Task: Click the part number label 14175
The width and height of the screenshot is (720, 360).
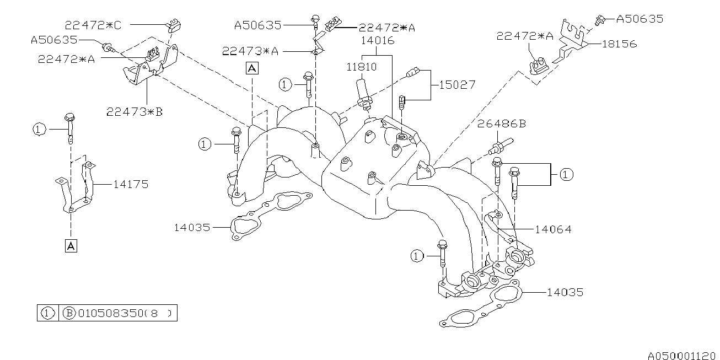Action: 131,185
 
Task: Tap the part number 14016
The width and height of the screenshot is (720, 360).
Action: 377,40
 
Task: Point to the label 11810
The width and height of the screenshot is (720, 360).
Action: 361,68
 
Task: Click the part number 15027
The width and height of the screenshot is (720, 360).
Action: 457,85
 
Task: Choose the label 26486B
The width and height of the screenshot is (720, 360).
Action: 501,125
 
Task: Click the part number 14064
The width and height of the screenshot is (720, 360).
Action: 554,229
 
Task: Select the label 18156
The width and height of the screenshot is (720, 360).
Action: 619,44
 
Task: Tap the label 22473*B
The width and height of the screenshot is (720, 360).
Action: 135,112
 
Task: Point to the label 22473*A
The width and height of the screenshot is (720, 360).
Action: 250,51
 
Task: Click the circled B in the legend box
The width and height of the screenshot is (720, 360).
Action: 69,314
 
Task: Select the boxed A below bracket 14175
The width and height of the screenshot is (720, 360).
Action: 71,246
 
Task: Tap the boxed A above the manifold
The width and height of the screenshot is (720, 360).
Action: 251,68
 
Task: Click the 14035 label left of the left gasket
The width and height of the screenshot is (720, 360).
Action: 192,227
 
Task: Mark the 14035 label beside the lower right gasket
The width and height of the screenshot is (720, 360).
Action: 565,292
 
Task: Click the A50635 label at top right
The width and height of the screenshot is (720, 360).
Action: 640,19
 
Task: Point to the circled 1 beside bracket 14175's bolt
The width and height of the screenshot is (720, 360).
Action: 38,130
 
